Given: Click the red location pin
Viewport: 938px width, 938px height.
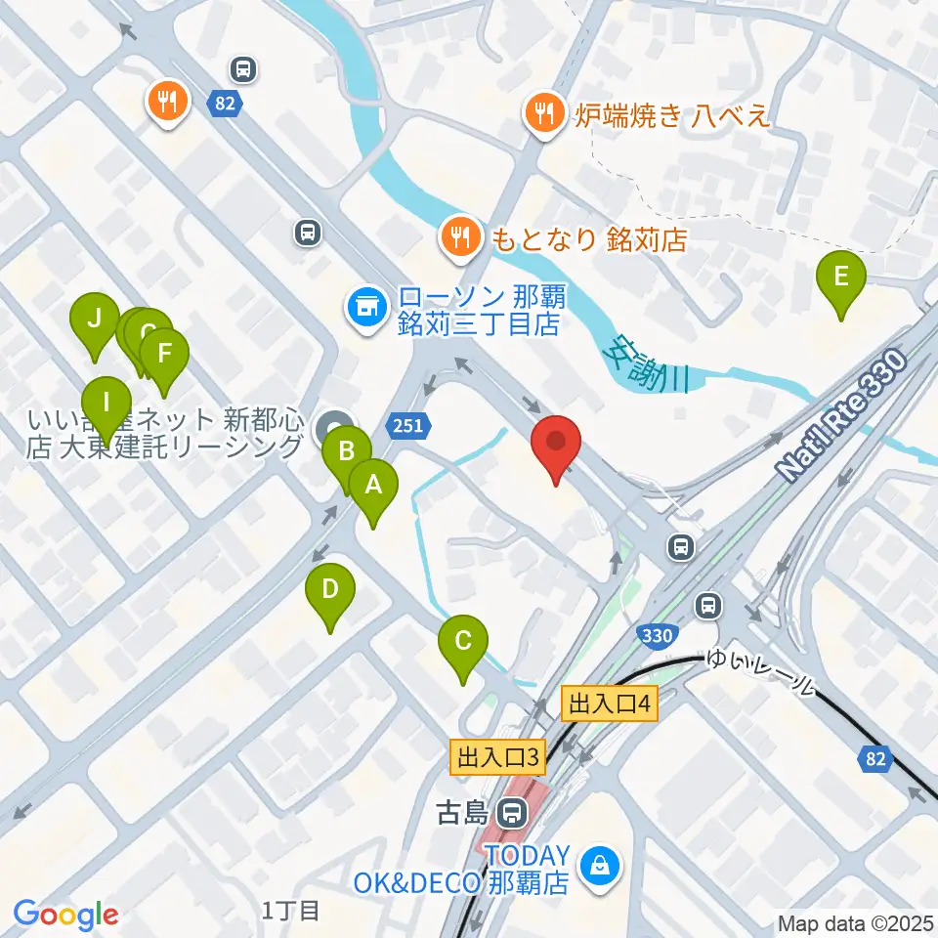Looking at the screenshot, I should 556,445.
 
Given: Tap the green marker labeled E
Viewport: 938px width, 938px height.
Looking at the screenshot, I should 840,279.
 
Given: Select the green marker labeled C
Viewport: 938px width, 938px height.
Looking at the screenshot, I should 463,643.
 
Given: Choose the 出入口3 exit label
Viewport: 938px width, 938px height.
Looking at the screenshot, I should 494,755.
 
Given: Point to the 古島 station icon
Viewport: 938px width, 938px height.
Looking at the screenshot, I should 509,812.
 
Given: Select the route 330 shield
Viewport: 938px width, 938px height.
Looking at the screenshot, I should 658,636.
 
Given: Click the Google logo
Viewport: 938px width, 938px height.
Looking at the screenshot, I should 66,915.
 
